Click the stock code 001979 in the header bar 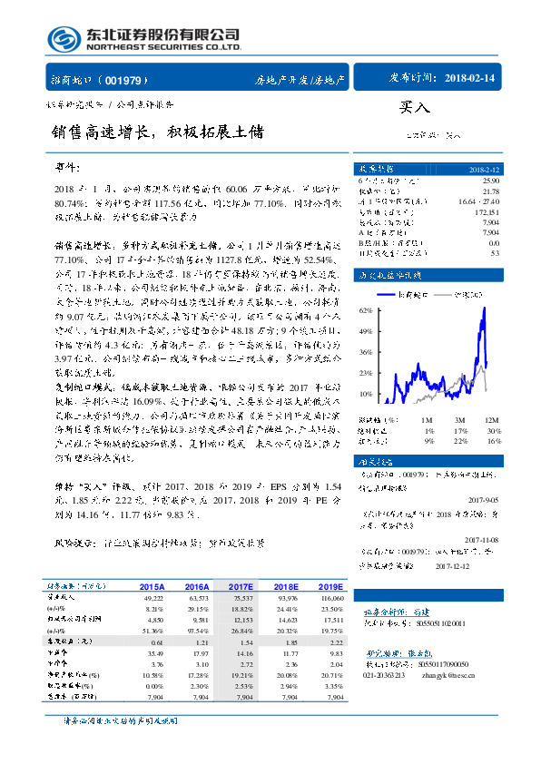[x=127, y=80]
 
